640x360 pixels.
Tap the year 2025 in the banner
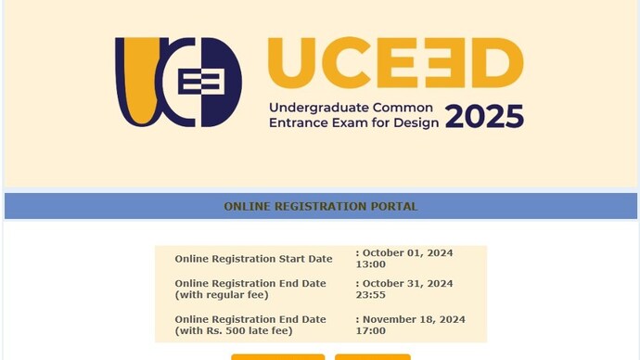click(484, 117)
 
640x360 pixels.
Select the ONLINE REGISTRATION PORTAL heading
click(320, 206)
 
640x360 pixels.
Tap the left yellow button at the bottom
click(277, 356)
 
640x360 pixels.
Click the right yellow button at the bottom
click(372, 356)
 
